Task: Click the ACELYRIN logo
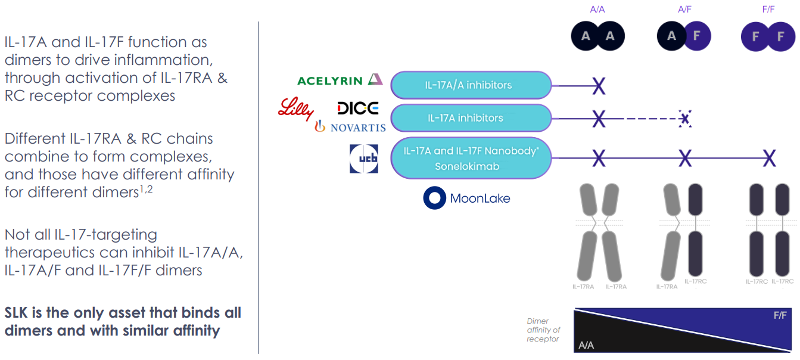click(x=340, y=80)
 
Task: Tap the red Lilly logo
click(x=295, y=109)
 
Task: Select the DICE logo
click(x=357, y=108)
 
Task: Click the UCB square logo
click(x=363, y=159)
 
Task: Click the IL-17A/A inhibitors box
click(x=471, y=85)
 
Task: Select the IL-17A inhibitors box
click(x=471, y=118)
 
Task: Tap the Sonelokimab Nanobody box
click(x=471, y=159)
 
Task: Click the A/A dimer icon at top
click(x=597, y=36)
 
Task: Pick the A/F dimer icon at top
click(x=684, y=36)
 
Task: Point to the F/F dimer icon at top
click(x=768, y=36)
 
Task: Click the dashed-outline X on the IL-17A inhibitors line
click(x=685, y=119)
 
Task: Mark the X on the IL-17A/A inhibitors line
click(x=599, y=86)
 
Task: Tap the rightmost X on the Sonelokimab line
click(x=769, y=159)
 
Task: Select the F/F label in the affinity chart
click(x=780, y=315)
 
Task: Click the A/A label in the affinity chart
click(x=586, y=345)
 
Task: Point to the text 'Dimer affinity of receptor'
click(x=543, y=330)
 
